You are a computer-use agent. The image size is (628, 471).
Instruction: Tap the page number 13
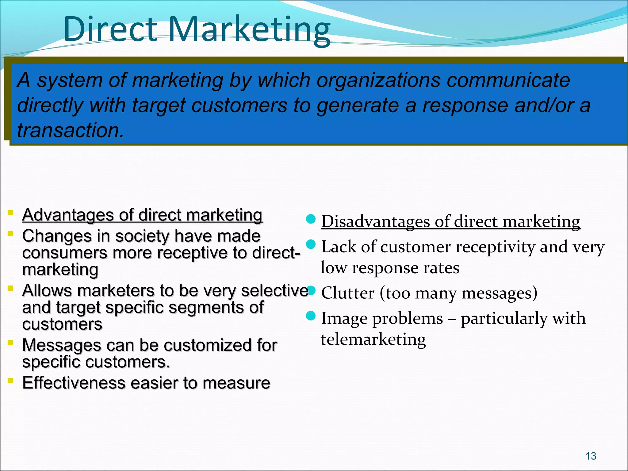(591, 456)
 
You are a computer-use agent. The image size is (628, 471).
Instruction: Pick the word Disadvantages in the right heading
(376, 221)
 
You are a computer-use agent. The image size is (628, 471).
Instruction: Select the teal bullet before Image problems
(311, 316)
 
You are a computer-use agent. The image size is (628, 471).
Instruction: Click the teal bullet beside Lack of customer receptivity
(311, 244)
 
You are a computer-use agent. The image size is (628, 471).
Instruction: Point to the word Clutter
(348, 293)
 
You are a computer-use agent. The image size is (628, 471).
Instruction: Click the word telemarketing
(373, 339)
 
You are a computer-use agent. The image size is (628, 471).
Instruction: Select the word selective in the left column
(274, 291)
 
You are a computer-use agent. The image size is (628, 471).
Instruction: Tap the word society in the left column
(142, 236)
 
